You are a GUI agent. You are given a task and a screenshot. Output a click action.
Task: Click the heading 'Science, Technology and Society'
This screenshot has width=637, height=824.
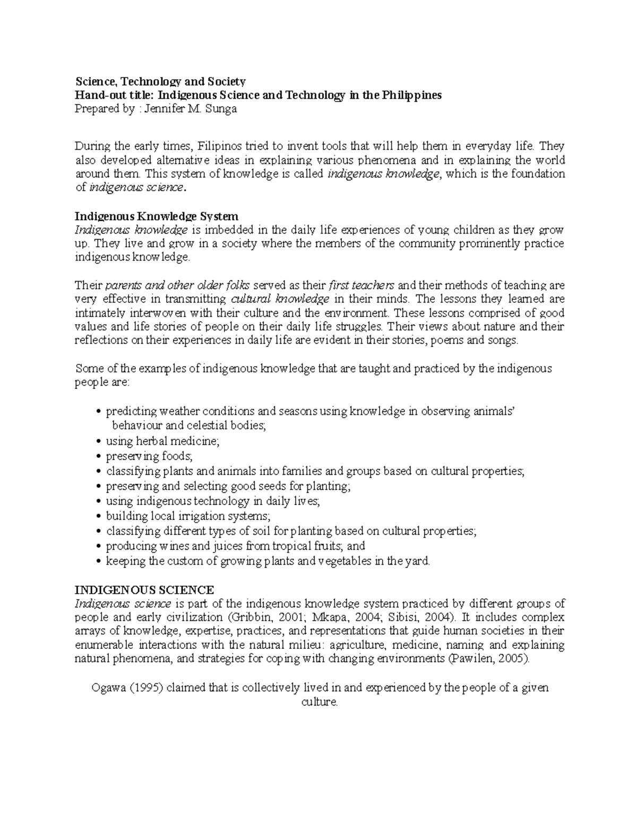tap(160, 81)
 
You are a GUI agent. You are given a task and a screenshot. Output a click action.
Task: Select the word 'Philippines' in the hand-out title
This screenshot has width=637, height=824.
tap(408, 96)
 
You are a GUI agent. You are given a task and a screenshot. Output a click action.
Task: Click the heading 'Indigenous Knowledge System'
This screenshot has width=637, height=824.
tap(157, 216)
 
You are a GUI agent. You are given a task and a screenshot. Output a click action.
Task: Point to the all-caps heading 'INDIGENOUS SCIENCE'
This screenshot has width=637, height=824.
tap(144, 590)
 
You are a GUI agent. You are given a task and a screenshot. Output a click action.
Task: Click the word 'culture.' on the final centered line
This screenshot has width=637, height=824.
tap(319, 702)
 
